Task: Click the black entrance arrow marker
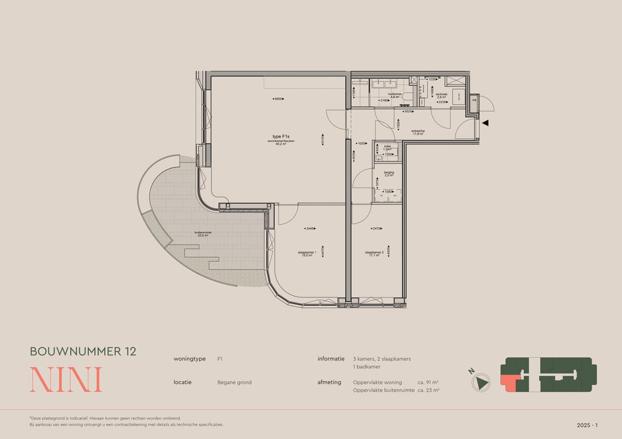click(485, 123)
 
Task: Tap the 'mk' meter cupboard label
click(474, 100)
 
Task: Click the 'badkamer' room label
click(395, 94)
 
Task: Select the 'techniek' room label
click(442, 94)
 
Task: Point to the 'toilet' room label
click(387, 146)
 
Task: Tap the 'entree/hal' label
click(418, 131)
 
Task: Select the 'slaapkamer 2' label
click(375, 253)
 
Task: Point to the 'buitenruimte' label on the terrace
click(203, 232)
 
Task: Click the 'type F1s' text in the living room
click(281, 136)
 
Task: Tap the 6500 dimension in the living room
click(279, 99)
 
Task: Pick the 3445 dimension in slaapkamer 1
click(310, 228)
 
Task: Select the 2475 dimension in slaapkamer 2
click(377, 228)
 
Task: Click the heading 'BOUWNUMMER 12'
click(83, 351)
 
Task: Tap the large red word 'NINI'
click(66, 380)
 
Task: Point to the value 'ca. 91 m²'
click(428, 382)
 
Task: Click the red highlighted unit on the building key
click(509, 381)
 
